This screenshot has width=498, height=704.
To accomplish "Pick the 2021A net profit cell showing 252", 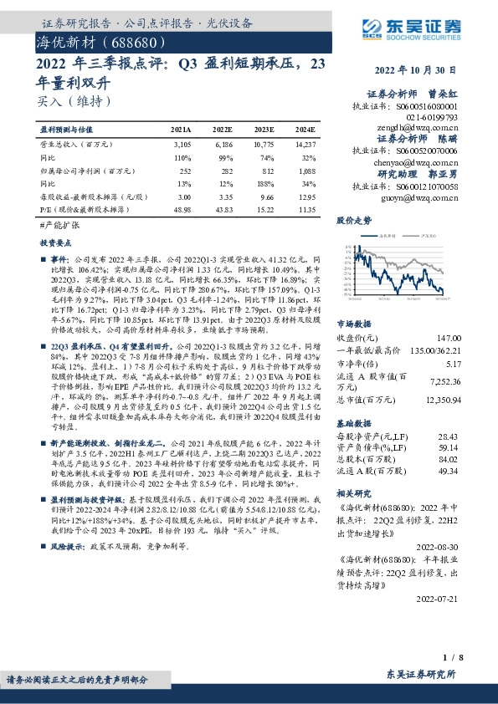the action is tap(186, 170).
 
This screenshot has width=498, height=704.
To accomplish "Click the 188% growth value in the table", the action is tap(264, 182).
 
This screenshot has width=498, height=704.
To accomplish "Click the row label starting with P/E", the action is tap(84, 208).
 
